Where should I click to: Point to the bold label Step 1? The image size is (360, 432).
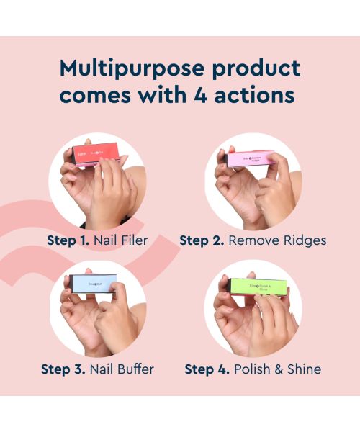(68, 240)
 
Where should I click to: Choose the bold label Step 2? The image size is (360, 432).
(201, 240)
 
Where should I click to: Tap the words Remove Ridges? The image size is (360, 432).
(277, 240)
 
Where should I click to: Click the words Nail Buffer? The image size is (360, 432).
(123, 369)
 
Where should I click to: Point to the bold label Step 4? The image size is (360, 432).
(209, 369)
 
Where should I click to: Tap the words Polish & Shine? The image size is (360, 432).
(276, 369)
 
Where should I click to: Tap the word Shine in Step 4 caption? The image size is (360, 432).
(303, 369)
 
